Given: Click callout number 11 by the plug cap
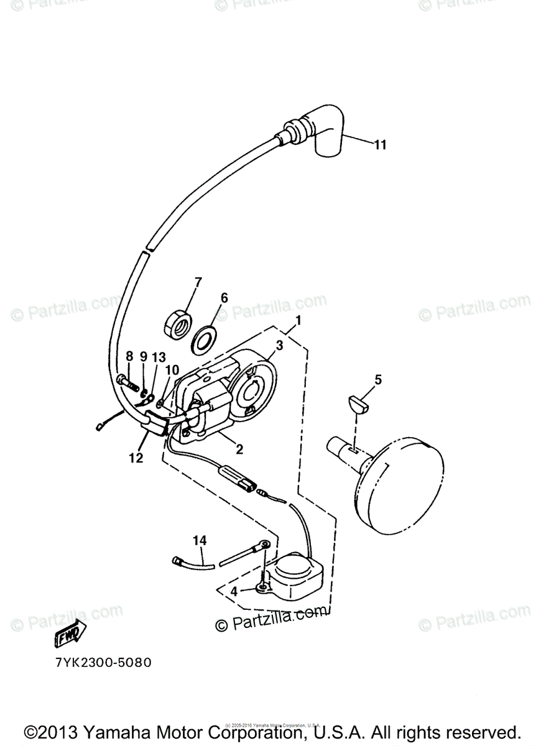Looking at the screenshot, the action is pyautogui.click(x=380, y=145).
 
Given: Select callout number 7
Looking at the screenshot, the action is pyautogui.click(x=198, y=283).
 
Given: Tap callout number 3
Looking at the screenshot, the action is pyautogui.click(x=280, y=344).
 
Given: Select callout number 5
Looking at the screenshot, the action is pyautogui.click(x=377, y=379).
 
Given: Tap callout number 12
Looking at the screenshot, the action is pyautogui.click(x=136, y=458).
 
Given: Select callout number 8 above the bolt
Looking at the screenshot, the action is pyautogui.click(x=129, y=357).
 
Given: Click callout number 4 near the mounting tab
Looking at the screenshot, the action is pyautogui.click(x=234, y=591).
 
